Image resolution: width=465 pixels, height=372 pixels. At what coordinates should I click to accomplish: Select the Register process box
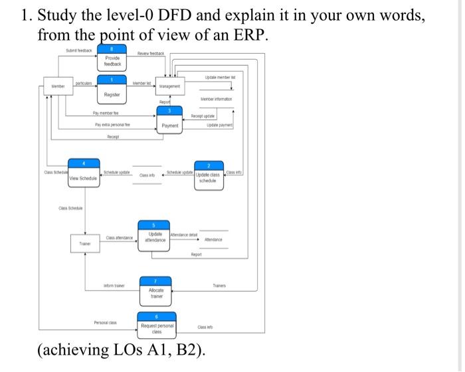coord(112,90)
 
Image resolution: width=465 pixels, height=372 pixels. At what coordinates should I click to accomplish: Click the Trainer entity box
coord(85,244)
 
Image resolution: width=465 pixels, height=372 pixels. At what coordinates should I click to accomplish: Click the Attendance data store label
coord(213,239)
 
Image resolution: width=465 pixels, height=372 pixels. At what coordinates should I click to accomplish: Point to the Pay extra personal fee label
coord(116,125)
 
